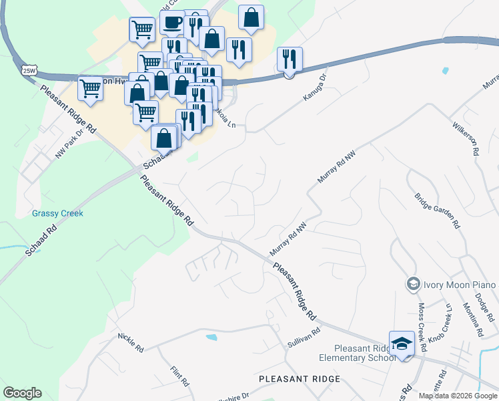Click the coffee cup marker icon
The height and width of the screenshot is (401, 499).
(172, 23)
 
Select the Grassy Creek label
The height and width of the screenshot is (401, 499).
(57, 214)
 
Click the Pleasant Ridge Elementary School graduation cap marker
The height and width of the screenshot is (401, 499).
(402, 344)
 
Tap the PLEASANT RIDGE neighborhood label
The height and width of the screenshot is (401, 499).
(300, 379)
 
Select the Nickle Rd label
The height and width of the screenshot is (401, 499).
(130, 344)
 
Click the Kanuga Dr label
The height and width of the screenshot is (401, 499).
(316, 88)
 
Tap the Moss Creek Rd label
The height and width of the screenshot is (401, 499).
(422, 328)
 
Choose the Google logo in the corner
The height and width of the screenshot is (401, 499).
(22, 393)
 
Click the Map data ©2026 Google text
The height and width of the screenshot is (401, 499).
(458, 396)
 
